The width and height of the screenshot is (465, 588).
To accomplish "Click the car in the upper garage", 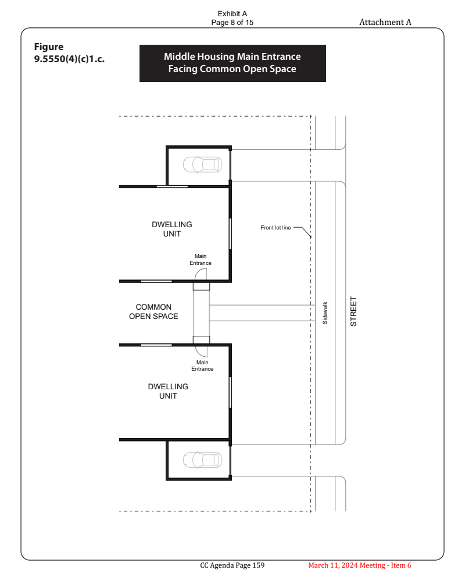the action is [202, 164].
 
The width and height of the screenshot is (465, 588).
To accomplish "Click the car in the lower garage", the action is [202, 460].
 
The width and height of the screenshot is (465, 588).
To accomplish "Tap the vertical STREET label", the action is [353, 311].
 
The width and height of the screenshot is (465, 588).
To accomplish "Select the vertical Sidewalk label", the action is [325, 313].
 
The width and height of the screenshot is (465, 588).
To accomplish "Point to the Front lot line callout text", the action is [276, 228].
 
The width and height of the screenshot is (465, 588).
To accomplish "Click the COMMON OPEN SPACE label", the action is [153, 311].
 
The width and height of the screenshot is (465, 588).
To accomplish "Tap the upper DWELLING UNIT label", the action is [171, 229].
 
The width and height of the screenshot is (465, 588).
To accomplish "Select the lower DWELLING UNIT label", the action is [168, 391].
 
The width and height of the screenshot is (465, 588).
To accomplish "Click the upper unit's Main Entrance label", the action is [201, 260].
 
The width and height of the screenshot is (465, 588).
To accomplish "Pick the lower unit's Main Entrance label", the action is [202, 365].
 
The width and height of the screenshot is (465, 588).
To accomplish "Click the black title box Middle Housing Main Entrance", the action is [233, 63].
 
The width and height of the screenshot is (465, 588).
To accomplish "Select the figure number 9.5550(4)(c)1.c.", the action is [69, 59].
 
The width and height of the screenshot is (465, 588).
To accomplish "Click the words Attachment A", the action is [385, 22].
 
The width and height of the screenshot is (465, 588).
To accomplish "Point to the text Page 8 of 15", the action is [232, 23].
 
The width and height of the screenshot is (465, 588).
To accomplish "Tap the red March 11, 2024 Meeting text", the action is [360, 565].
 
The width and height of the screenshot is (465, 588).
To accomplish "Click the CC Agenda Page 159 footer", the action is [232, 565].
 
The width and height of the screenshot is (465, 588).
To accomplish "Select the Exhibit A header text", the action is [232, 14].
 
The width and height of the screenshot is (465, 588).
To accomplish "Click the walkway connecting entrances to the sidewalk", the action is [262, 313].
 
